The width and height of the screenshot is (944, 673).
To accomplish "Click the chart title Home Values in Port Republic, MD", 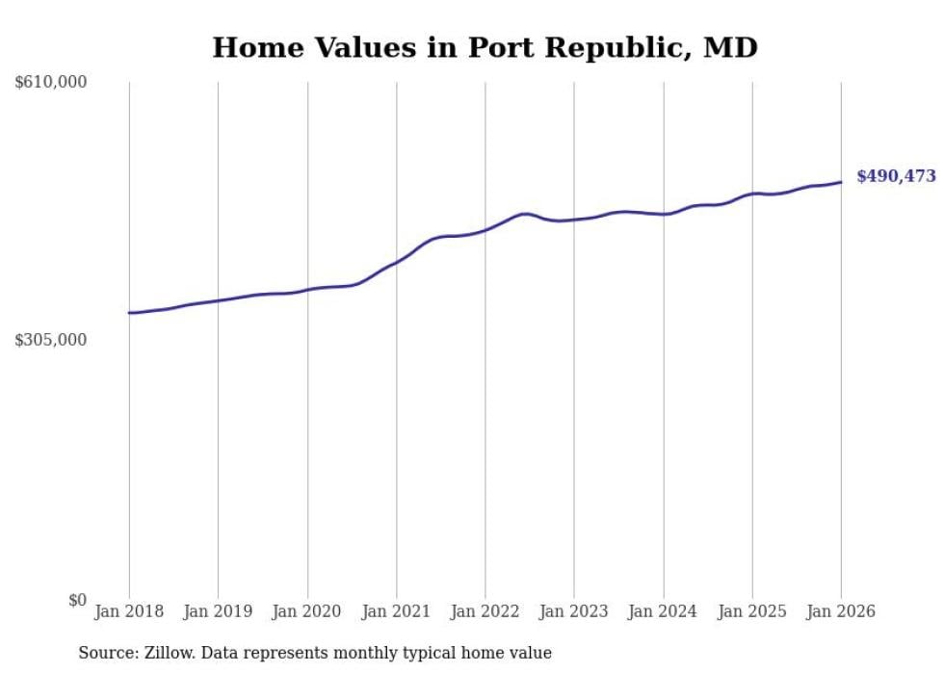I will pos(485,47).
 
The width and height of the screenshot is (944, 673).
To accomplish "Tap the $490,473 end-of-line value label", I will pos(896,176).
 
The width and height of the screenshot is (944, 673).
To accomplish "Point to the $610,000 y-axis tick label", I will pos(51,83).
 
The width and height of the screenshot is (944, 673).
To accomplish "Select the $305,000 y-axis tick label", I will pos(51,340).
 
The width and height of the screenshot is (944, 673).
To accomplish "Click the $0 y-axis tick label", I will pos(77,600).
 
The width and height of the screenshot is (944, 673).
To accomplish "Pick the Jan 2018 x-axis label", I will pos(129,611).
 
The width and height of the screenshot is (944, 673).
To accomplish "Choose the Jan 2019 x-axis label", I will pos(218,611).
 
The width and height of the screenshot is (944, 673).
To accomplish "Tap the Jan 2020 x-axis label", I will pos(307,611).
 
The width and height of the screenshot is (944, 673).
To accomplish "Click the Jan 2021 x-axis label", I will pos(396,611).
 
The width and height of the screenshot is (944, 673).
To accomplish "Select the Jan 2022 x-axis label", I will pos(485,611).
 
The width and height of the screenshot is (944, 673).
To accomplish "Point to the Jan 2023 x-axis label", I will pos(574,611).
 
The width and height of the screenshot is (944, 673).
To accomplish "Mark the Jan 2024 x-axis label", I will pos(664,611).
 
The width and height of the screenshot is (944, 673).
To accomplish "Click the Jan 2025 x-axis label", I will pos(752,611).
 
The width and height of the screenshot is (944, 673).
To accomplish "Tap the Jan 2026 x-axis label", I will pos(841,611).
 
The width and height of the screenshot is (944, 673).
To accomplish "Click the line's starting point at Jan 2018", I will pos(129,313).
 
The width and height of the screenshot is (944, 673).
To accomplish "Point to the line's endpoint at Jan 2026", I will pos(841,182).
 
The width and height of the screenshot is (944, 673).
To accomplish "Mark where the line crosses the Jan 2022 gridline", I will pos(485,230).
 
